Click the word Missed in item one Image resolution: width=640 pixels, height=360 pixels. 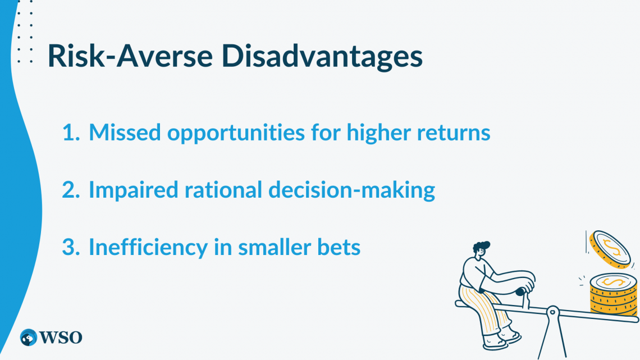click(x=124, y=133)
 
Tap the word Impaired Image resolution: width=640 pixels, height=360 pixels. click(x=133, y=190)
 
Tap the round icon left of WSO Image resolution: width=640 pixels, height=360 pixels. click(x=28, y=337)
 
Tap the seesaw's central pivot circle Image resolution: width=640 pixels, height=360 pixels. click(x=552, y=310)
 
